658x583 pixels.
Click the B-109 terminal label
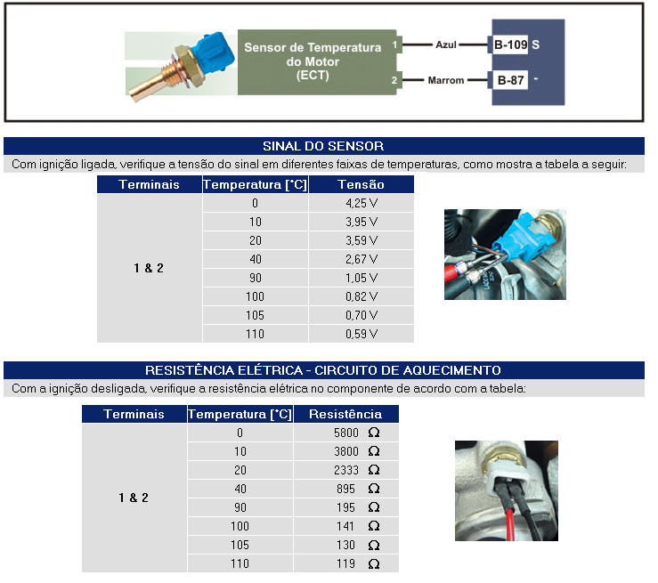510,45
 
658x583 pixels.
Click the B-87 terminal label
510,80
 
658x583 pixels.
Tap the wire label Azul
446,45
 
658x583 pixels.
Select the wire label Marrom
446,80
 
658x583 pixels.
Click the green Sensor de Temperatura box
317,62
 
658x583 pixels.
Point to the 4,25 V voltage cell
361,204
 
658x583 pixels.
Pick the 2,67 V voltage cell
361,259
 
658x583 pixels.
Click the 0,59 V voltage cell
361,334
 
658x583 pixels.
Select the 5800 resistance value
346,433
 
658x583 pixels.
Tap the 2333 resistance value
346,470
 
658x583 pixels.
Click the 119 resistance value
345,563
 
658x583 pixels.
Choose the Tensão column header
361,184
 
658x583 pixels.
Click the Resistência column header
345,414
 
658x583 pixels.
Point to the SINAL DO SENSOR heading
323,146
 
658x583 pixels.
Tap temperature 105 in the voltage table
255,315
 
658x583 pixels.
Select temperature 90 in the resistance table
240,507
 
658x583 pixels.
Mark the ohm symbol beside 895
374,489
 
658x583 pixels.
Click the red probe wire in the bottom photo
510,524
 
